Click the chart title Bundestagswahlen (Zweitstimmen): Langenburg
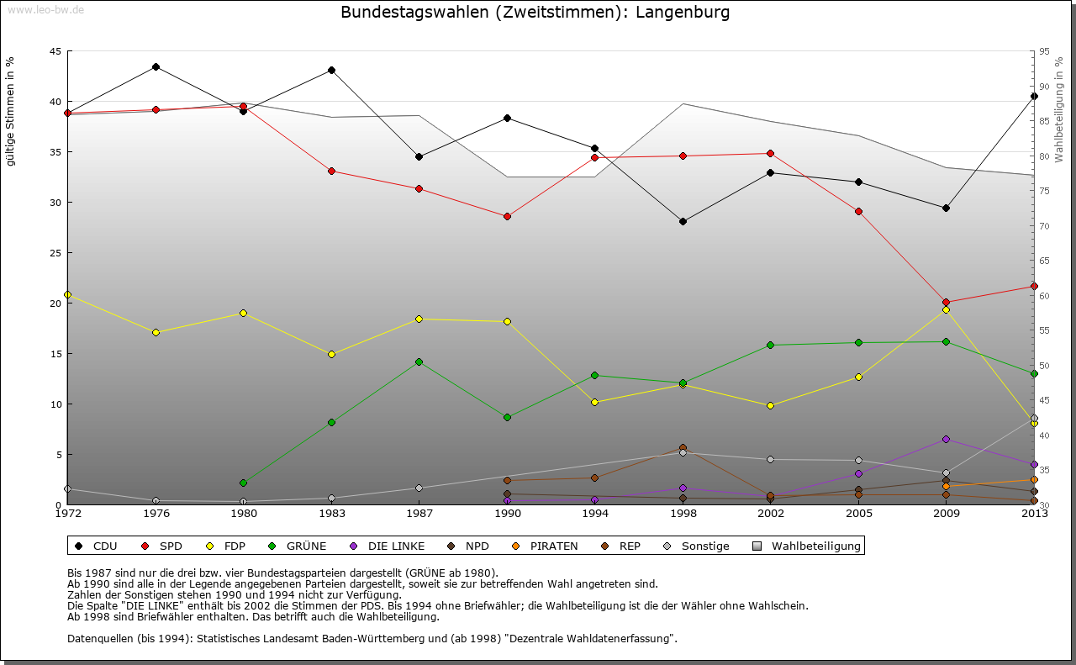pyautogui.click(x=535, y=13)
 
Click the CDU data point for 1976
pyautogui.click(x=156, y=66)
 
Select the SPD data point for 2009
pyautogui.click(x=946, y=302)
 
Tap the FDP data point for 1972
pyautogui.click(x=67, y=294)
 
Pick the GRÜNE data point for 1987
pyautogui.click(x=419, y=362)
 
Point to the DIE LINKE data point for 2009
pyautogui.click(x=946, y=439)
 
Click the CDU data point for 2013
pyautogui.click(x=1034, y=96)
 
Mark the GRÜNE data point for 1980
pyautogui.click(x=243, y=483)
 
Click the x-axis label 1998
pyautogui.click(x=683, y=513)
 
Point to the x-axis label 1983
pyautogui.click(x=331, y=513)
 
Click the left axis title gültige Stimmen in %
pyautogui.click(x=11, y=111)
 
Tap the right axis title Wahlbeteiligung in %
pyautogui.click(x=1059, y=109)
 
